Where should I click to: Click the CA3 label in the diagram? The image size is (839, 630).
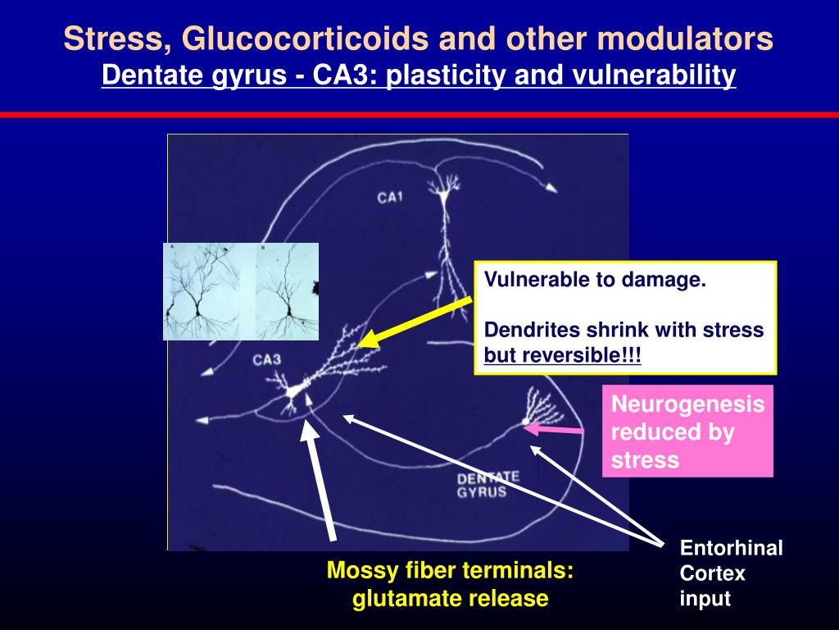point(268,358)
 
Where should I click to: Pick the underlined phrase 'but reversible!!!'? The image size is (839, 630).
point(563,356)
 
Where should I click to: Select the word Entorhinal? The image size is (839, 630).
point(731,548)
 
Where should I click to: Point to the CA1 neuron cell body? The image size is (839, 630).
point(445,194)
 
